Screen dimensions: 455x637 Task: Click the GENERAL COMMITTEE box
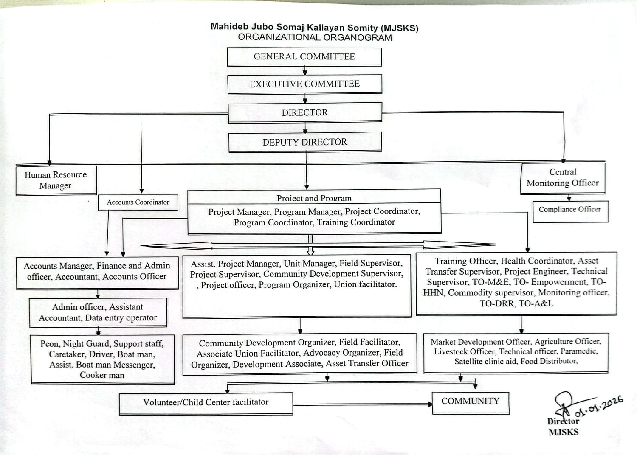(x=304, y=57)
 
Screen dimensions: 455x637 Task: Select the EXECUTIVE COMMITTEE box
(x=304, y=84)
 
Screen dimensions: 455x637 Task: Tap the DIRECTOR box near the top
(x=304, y=112)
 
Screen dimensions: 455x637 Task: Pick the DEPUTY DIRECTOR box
(x=304, y=142)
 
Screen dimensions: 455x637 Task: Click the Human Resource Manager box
(x=56, y=180)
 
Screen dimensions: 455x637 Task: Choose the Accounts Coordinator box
(x=138, y=202)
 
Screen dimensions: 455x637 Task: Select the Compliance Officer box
(x=570, y=210)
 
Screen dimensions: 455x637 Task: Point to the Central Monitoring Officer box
(x=563, y=178)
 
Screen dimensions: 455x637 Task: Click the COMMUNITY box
(x=470, y=401)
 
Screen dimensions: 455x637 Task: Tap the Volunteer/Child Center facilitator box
(x=206, y=402)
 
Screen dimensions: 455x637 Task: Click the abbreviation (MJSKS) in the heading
(x=399, y=28)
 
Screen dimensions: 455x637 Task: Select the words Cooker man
(x=102, y=375)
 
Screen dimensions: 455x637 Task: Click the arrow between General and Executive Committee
(x=304, y=70)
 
